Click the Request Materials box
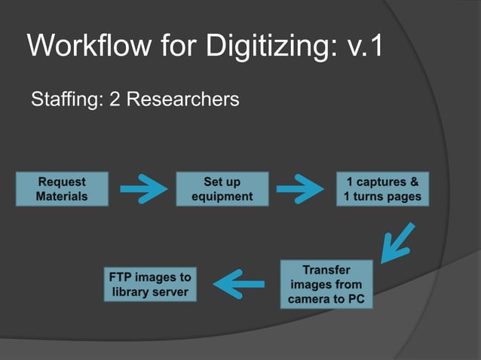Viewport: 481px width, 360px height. click(x=62, y=189)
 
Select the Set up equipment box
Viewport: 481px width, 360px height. click(x=222, y=189)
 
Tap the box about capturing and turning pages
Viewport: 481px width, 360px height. click(x=383, y=189)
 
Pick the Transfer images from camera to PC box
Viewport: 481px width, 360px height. click(x=326, y=284)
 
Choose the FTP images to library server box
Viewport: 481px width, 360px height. click(x=150, y=284)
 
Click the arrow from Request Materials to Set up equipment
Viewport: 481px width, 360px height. click(x=142, y=189)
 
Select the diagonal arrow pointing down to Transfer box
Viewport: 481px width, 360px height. click(x=397, y=240)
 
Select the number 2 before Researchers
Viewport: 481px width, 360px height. click(x=115, y=99)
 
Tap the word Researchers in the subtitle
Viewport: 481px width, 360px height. click(x=182, y=99)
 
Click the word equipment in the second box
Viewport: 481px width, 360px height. click(x=222, y=197)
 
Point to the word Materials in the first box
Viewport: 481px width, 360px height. click(x=62, y=197)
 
